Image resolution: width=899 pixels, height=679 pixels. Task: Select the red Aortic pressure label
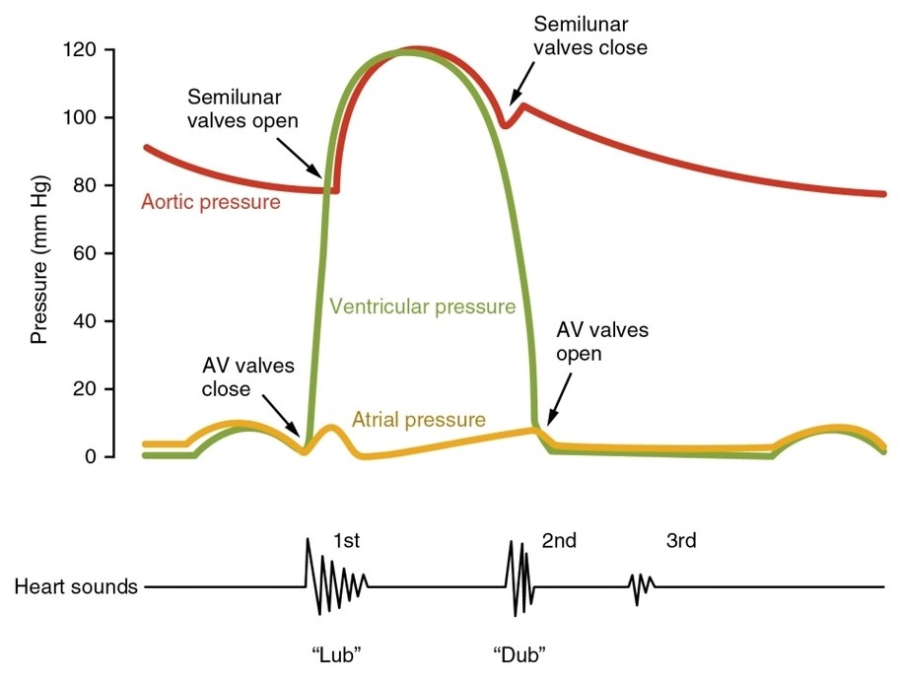pyautogui.click(x=210, y=202)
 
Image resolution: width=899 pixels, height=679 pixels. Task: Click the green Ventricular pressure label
pyautogui.click(x=423, y=306)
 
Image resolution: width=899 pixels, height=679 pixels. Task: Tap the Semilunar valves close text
pyautogui.click(x=589, y=34)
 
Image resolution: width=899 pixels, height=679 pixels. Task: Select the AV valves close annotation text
pyautogui.click(x=247, y=376)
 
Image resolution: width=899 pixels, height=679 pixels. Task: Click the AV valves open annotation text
pyautogui.click(x=602, y=340)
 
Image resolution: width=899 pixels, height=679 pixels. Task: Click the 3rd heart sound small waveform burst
pyautogui.click(x=641, y=586)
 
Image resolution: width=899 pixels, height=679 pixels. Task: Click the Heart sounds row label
pyautogui.click(x=76, y=587)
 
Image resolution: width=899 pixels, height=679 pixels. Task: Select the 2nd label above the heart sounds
pyautogui.click(x=559, y=540)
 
